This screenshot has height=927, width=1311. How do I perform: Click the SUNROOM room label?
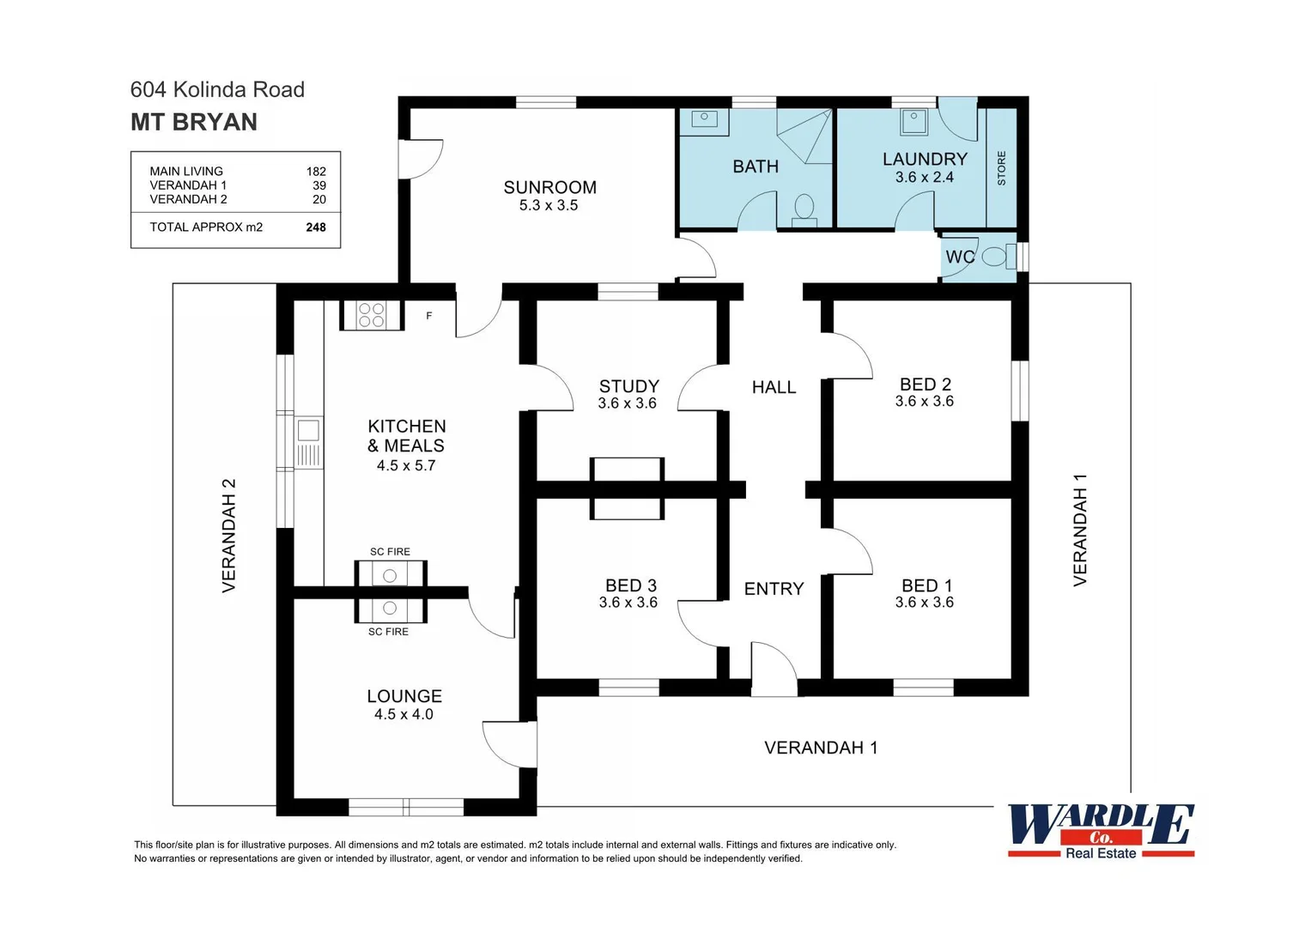(x=549, y=187)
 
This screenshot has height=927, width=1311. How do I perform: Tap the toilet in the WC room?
(x=995, y=256)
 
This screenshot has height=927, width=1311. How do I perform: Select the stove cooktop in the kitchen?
(x=371, y=315)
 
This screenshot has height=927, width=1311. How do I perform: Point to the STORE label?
(x=1001, y=168)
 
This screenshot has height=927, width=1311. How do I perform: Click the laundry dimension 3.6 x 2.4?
(x=924, y=178)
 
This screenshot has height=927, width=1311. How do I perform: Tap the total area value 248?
(x=315, y=227)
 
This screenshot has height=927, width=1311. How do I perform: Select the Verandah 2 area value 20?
(x=319, y=199)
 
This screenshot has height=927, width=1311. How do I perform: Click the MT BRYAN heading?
(x=194, y=122)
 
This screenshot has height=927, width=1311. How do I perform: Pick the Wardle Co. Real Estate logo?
(x=1101, y=830)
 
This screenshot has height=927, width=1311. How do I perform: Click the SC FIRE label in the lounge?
(x=388, y=632)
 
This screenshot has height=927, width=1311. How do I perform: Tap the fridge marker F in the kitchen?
(x=429, y=316)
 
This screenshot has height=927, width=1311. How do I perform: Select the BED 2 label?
(x=925, y=385)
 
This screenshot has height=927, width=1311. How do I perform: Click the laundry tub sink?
(x=913, y=121)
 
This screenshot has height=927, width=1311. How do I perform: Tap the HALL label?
(x=774, y=387)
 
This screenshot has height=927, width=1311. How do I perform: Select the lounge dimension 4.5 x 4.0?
(x=404, y=714)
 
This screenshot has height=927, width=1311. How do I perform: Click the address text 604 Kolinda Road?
(x=217, y=89)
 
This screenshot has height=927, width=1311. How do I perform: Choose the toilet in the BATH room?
(x=804, y=209)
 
